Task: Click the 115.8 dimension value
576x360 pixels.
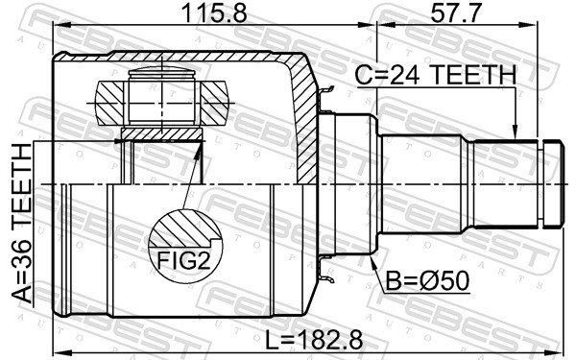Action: tap(214, 14)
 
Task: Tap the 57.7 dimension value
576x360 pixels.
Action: tap(455, 14)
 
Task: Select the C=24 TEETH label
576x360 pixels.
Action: tap(436, 75)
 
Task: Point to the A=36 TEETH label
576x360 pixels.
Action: tap(22, 224)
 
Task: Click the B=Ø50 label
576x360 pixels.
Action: tap(427, 280)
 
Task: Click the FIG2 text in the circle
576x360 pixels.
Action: tap(183, 260)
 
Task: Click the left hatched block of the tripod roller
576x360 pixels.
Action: tap(109, 103)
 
